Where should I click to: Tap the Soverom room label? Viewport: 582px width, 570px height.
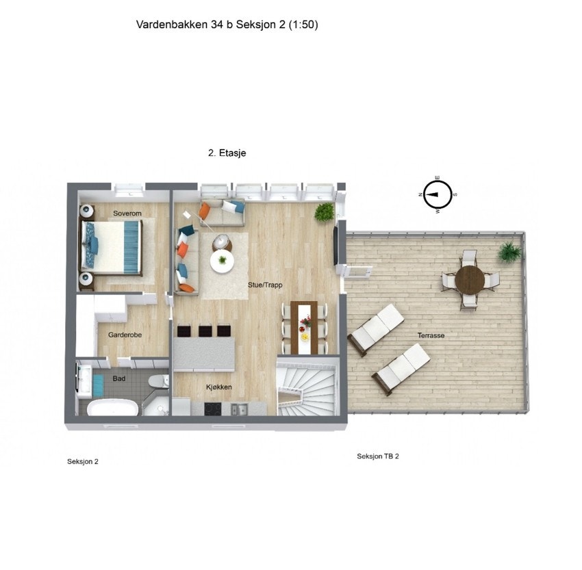pos(127,214)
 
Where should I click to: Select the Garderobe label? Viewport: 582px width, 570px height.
pos(125,335)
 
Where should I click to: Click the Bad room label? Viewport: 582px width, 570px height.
pos(119,378)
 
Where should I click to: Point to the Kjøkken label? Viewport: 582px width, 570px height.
pos(219,387)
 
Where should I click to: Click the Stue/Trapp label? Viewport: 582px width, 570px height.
pos(265,285)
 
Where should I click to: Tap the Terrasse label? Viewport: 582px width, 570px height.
pos(431,336)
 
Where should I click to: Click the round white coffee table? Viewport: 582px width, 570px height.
pos(221,260)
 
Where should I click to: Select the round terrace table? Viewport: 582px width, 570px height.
pos(470,279)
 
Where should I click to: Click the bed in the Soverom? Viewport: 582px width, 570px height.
pos(111,246)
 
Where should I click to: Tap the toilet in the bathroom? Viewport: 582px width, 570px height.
pos(159,380)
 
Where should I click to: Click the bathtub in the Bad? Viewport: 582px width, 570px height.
pos(112,409)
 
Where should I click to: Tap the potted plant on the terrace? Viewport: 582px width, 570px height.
pos(508,252)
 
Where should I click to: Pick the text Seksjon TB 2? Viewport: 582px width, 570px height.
pos(377,456)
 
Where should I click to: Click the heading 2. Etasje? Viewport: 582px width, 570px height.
pos(227,154)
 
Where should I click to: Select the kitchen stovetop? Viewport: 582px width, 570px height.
pos(213,409)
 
